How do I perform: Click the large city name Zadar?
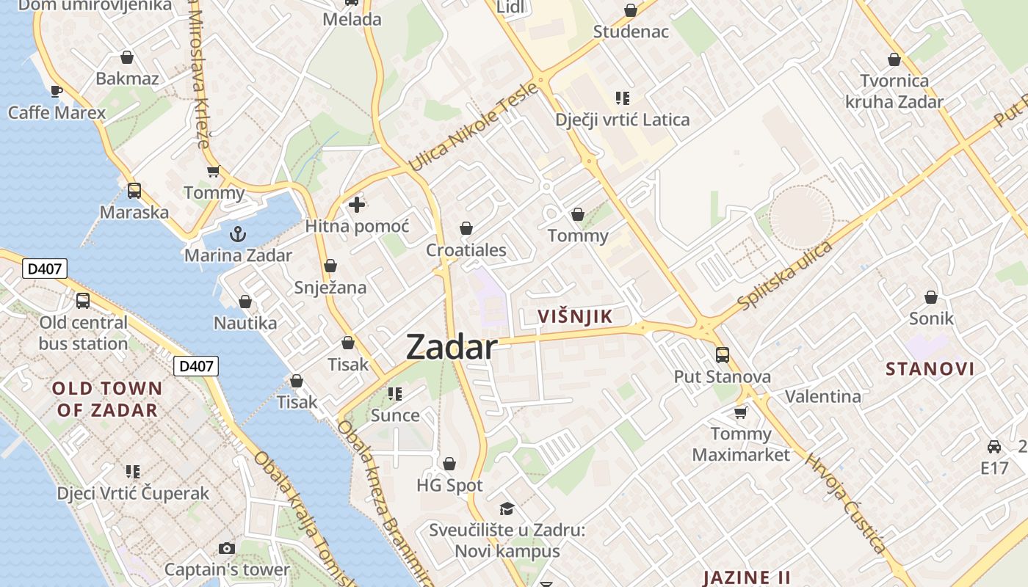[x=452, y=346]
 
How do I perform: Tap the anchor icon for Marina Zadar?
[x=237, y=234]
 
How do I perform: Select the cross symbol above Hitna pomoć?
[x=357, y=205]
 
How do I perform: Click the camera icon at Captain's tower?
[x=227, y=548]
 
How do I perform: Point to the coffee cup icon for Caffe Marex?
[x=57, y=91]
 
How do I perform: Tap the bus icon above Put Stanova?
[x=723, y=355]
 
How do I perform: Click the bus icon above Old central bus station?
[x=83, y=301]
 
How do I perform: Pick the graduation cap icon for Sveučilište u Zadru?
[x=507, y=508]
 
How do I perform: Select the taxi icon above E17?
[x=994, y=446]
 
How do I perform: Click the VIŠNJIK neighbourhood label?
[x=575, y=317]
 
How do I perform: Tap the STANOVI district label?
[x=930, y=368]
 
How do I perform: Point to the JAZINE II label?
[x=747, y=577]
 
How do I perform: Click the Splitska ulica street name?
[x=786, y=275]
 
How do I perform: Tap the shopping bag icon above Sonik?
[x=931, y=297]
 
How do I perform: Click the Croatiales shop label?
[x=466, y=250]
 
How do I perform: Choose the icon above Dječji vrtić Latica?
[x=623, y=98]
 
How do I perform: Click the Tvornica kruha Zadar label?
[x=894, y=91]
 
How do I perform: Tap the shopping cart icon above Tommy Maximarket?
[x=740, y=412]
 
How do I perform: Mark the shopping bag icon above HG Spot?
[x=449, y=464]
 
